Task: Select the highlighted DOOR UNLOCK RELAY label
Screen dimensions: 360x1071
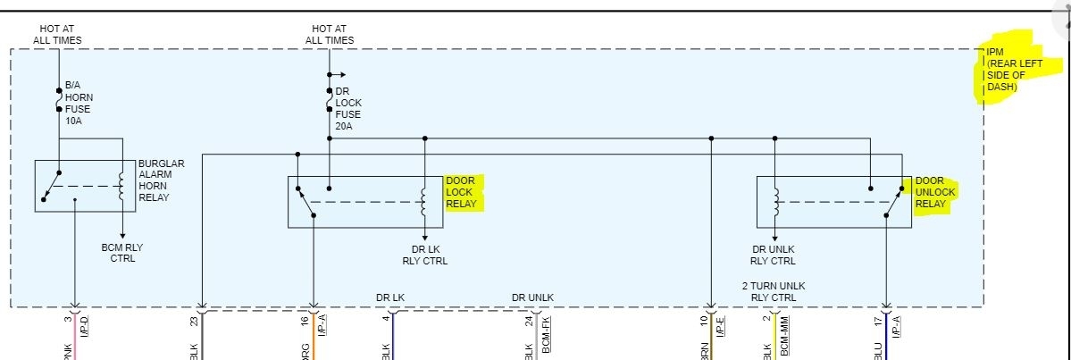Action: [934, 192]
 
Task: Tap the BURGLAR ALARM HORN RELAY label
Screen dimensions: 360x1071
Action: [161, 180]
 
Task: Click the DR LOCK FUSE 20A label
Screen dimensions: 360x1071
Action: [348, 109]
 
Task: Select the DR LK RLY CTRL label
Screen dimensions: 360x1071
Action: [424, 255]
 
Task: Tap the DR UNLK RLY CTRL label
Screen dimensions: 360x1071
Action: [774, 255]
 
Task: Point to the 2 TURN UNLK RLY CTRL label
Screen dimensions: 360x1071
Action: [774, 291]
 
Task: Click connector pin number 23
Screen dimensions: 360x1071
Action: [193, 320]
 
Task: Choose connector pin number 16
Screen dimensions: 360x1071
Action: [305, 321]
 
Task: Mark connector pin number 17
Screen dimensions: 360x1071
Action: [877, 321]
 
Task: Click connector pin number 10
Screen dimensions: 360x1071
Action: [703, 321]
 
